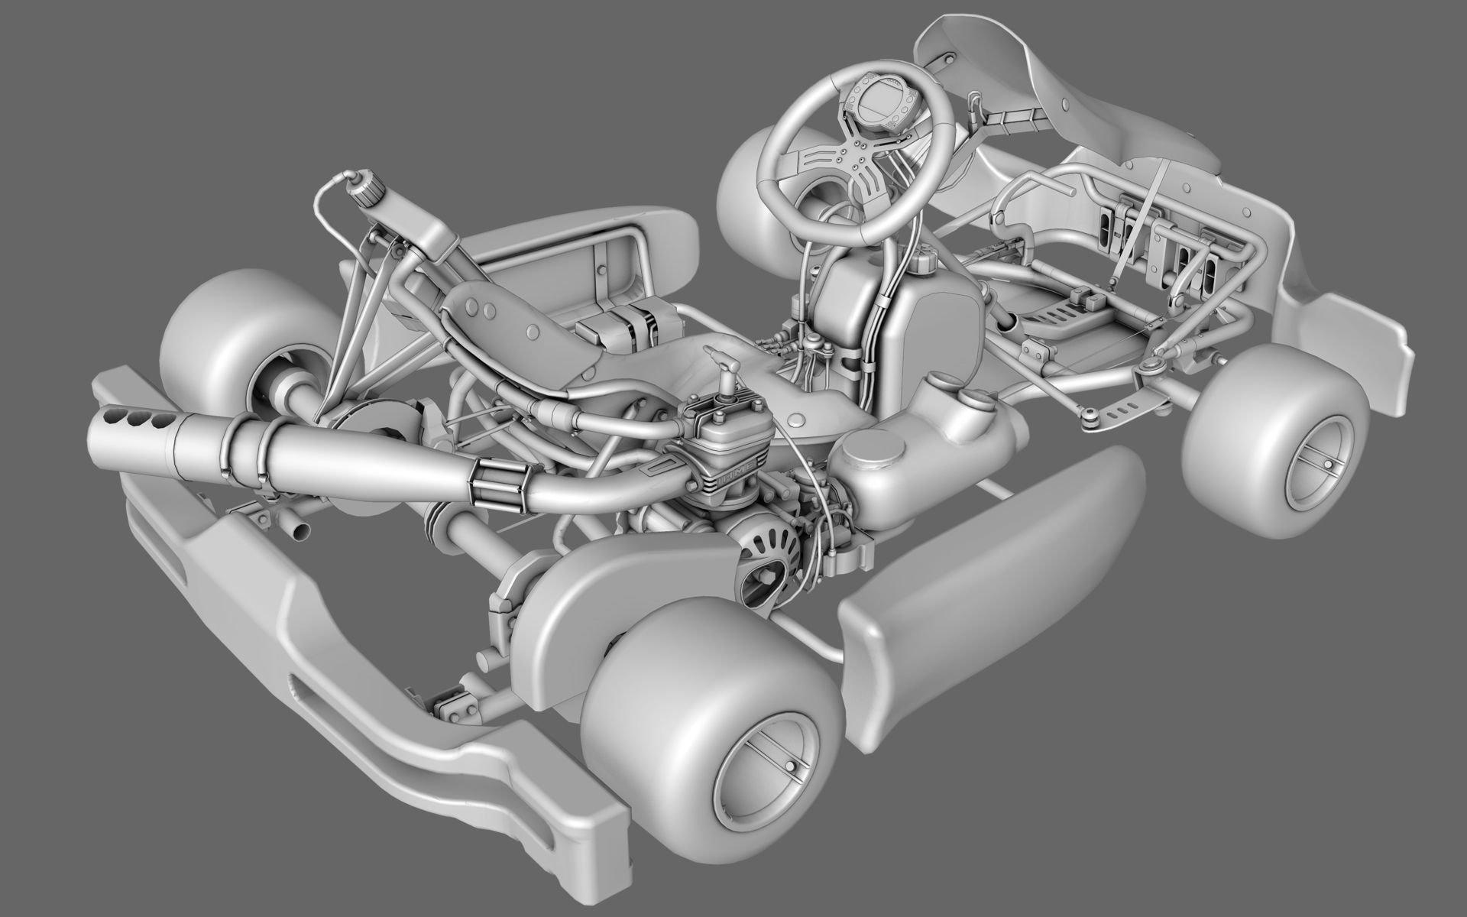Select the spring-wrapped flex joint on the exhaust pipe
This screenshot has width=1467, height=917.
(x=497, y=485)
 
